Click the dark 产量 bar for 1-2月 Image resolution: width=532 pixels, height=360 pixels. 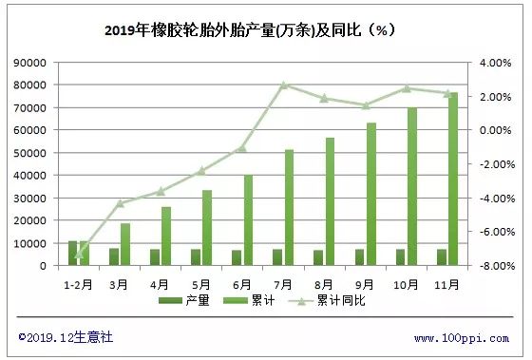pyautogui.click(x=72, y=254)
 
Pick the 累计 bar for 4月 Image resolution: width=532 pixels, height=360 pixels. pyautogui.click(x=166, y=236)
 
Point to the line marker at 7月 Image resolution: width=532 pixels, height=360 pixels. pyautogui.click(x=283, y=85)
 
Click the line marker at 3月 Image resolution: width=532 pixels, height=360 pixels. pyautogui.click(x=120, y=202)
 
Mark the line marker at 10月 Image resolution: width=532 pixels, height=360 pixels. pyautogui.click(x=406, y=88)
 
